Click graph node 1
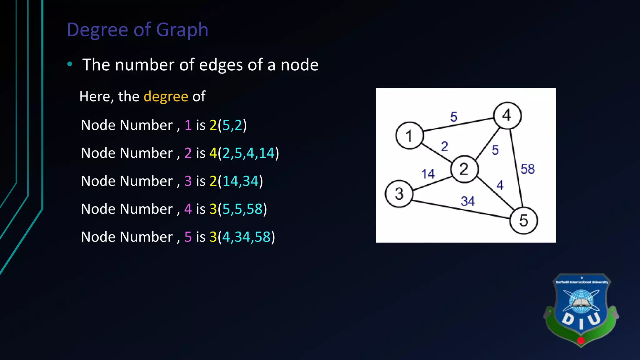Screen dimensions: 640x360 pos(409,136)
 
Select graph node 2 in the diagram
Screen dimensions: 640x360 pos(464,169)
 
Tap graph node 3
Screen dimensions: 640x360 pos(399,194)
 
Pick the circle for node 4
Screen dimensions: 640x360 pos(507,116)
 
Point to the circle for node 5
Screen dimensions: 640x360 pos(523,221)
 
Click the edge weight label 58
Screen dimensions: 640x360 pos(527,169)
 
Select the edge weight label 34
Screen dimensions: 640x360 pos(467,201)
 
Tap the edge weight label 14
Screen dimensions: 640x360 pos(428,174)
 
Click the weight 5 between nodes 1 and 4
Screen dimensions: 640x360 pos(454,117)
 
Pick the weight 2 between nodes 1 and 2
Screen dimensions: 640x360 pos(444,146)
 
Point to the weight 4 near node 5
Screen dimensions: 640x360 pos(500,185)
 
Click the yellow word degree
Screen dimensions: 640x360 pos(166,97)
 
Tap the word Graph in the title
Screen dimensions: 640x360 pos(182,30)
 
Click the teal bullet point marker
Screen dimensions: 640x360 pos(70,64)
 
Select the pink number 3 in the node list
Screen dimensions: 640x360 pos(188,181)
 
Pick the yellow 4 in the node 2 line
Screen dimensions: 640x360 pos(213,153)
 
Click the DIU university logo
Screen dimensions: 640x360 pos(581,309)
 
